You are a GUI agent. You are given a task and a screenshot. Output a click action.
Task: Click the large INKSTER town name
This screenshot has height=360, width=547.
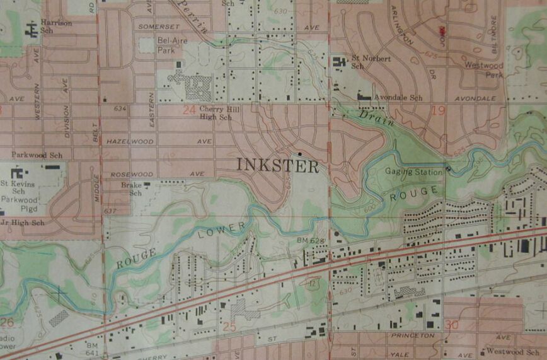pyautogui.click(x=278, y=165)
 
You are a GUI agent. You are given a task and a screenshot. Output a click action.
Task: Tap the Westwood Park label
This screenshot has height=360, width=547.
pyautogui.click(x=485, y=69)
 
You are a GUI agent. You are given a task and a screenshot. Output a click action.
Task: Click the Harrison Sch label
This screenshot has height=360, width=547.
pyautogui.click(x=55, y=26)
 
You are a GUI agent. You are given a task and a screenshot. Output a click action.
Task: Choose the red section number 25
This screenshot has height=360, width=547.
pyautogui.click(x=229, y=327)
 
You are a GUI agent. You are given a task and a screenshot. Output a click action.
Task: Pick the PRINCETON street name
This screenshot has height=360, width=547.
pyautogui.click(x=413, y=336)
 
